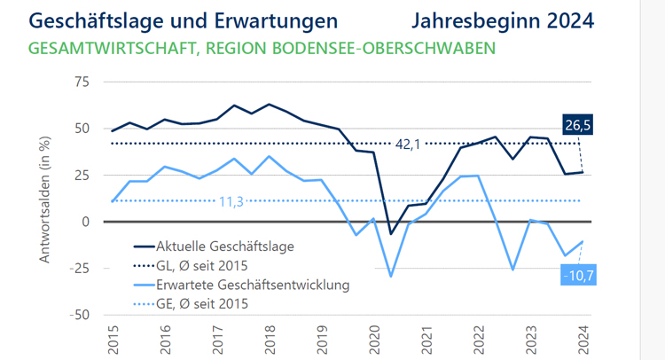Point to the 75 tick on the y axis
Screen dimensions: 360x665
82,82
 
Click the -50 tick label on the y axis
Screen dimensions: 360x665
79,315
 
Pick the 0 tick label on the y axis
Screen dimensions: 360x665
86,222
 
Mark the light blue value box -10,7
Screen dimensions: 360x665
578,276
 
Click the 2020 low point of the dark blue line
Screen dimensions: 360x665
391,234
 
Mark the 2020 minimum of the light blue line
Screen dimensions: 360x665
391,277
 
